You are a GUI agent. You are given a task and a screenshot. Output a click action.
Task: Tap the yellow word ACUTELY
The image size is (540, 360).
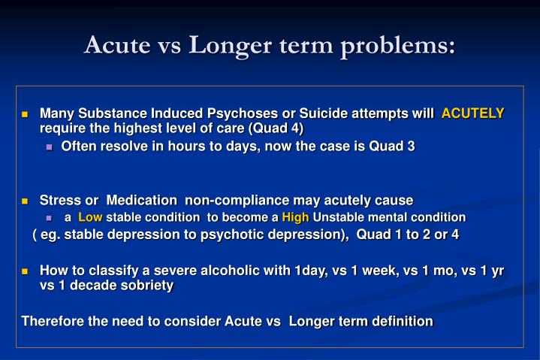point(472,113)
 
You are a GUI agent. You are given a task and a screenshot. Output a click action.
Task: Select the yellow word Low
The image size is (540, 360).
point(90,217)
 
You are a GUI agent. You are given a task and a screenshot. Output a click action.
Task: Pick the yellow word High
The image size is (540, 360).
point(295,217)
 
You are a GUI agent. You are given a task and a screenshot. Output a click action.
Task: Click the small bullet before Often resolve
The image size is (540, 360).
point(50,147)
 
